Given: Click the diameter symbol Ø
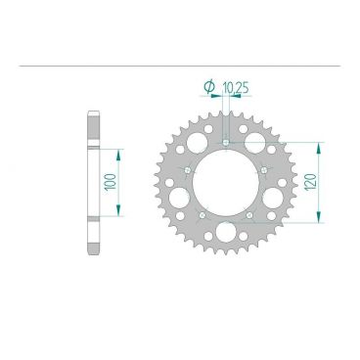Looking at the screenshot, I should (x=208, y=89).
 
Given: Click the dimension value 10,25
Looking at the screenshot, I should (x=232, y=89).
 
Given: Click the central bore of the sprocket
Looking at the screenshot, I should (x=225, y=182).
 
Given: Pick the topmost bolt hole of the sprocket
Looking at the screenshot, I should (x=226, y=142).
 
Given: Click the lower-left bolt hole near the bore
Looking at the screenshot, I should (x=202, y=215).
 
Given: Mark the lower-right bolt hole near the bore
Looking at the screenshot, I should (x=249, y=215).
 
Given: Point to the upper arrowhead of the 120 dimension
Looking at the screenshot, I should (x=315, y=145).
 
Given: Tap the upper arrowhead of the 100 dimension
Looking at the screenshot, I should (x=119, y=153).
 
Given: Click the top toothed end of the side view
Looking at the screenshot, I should (x=93, y=119).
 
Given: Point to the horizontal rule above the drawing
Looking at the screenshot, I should (x=180, y=67).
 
